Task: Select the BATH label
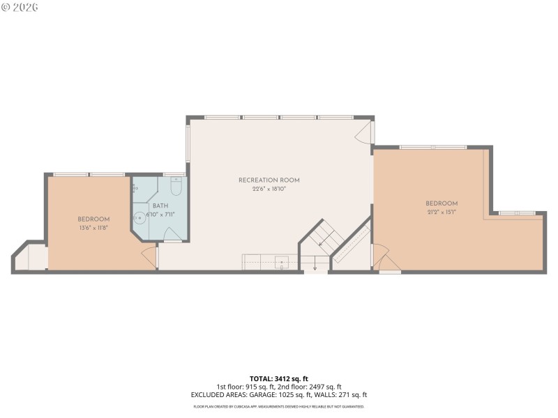(x=160, y=206)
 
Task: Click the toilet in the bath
(x=176, y=187)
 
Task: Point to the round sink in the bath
(x=139, y=217)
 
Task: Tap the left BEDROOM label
(x=93, y=219)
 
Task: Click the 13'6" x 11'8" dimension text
(x=93, y=228)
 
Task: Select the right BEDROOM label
(x=442, y=203)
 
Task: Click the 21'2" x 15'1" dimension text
(x=442, y=212)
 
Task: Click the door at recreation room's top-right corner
(x=364, y=132)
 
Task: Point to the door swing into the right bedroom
(x=385, y=261)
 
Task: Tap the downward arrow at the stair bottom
(x=315, y=265)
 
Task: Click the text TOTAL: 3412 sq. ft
(x=278, y=378)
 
